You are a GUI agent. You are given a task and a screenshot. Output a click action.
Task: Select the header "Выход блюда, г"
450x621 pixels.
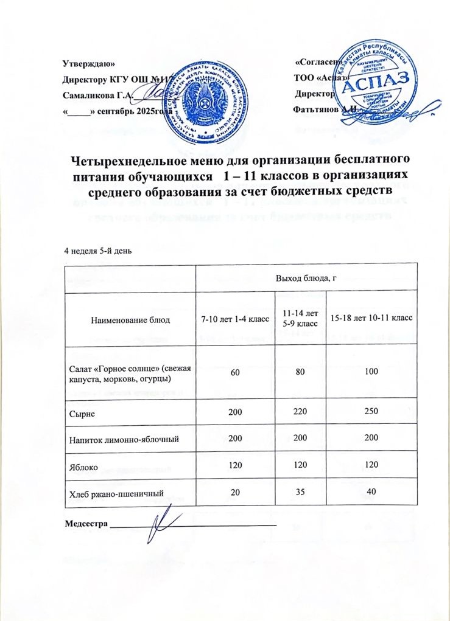(307, 279)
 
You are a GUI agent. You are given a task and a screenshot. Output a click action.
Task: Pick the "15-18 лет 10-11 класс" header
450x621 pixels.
(371, 319)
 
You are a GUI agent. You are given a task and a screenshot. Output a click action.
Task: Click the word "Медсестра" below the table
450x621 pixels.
(85, 522)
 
